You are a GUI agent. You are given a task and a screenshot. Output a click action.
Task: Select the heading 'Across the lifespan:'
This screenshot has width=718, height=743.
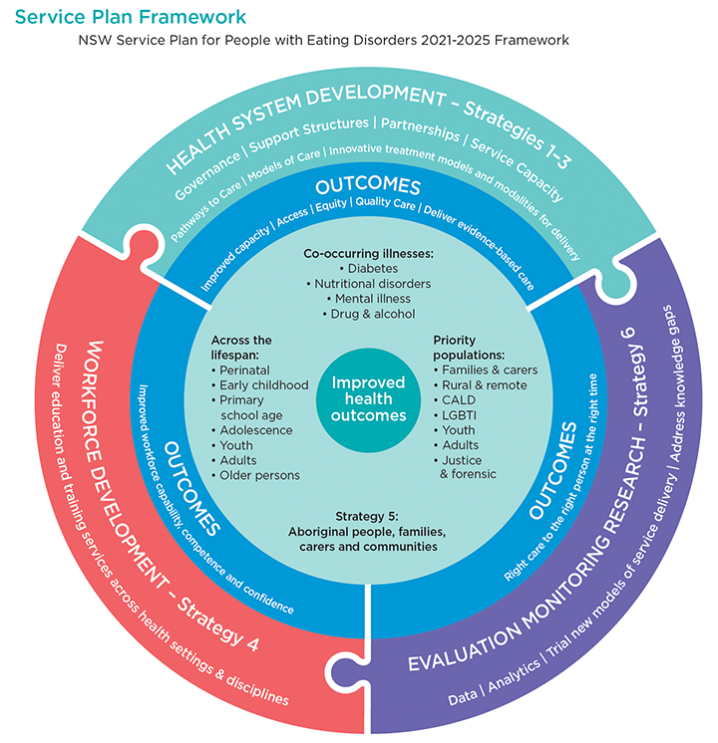tap(241, 347)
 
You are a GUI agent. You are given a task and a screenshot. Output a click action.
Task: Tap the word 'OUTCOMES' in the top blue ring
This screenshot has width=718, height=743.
tap(368, 187)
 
